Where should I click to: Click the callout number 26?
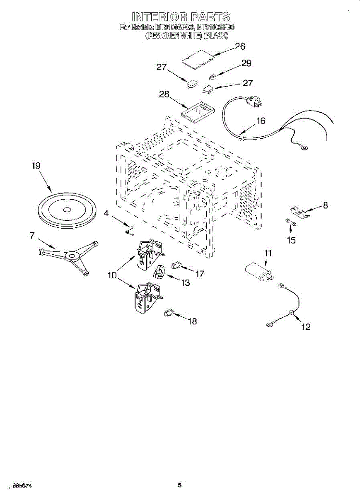(240, 46)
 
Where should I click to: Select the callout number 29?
(246, 63)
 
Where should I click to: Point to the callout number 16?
(261, 121)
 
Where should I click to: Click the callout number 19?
(36, 166)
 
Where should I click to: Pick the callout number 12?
(306, 327)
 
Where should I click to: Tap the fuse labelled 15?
(291, 224)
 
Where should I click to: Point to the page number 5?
(179, 485)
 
